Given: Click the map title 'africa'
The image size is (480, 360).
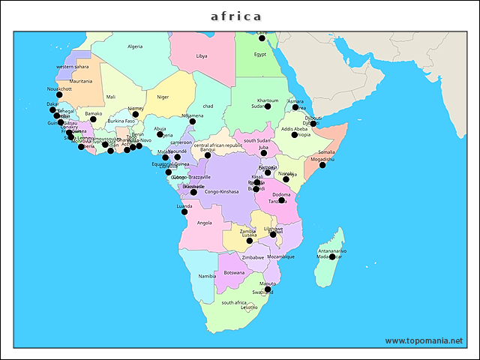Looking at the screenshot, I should [x=236, y=16].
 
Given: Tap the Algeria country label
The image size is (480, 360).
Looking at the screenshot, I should [x=135, y=46].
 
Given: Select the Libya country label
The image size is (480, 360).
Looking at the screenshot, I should [x=202, y=56].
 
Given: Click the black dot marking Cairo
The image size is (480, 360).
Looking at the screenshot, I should [x=262, y=37].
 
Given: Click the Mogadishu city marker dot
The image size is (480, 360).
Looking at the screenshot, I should [x=323, y=165].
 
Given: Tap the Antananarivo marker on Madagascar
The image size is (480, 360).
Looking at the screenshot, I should [x=332, y=256].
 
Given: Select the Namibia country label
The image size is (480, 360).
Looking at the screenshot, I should [x=207, y=276].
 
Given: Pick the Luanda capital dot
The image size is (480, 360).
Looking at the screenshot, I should [x=184, y=211].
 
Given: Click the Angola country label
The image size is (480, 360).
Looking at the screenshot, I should [x=204, y=223].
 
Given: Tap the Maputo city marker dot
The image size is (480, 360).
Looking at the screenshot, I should [x=268, y=289].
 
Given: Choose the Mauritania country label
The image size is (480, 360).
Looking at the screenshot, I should [x=81, y=81].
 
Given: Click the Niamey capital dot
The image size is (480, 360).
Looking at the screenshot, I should [x=136, y=115].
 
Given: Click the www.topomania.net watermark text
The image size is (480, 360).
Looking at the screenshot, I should [x=424, y=340].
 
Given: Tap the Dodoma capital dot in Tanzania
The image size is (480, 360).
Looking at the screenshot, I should [x=281, y=200].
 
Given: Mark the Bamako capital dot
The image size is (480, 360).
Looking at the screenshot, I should [x=93, y=120].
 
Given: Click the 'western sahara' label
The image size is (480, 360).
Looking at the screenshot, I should [x=73, y=67].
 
